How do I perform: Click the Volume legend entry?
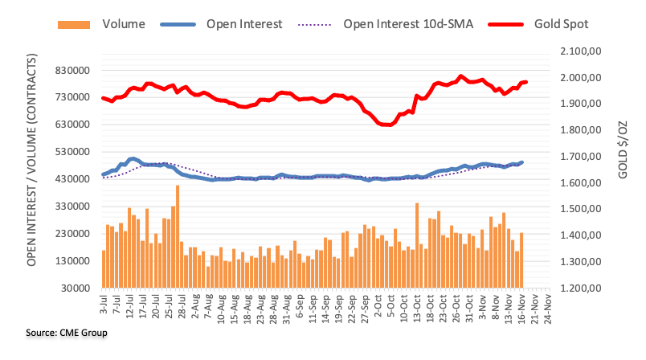pyautogui.click(x=123, y=24)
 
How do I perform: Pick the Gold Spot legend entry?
pyautogui.click(x=561, y=24)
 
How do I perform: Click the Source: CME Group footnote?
pyautogui.click(x=55, y=332)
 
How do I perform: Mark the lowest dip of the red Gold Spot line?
pyautogui.click(x=386, y=125)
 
